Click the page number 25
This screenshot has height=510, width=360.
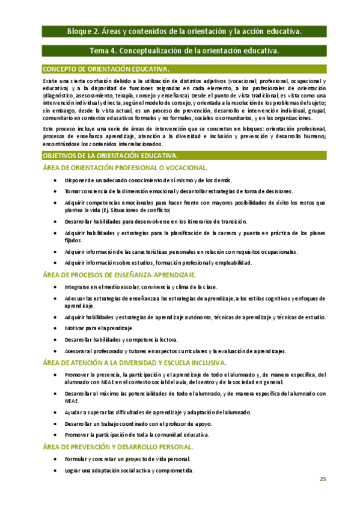click(323, 479)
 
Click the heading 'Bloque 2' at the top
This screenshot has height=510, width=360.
click(184, 31)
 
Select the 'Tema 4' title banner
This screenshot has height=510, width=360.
click(184, 51)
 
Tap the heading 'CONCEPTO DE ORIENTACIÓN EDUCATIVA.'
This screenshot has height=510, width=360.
click(106, 69)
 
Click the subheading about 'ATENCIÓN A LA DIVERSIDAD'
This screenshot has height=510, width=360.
click(135, 363)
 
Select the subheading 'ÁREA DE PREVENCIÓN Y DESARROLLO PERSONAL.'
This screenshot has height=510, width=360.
click(118, 447)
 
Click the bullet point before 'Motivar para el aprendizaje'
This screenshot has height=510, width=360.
click(56, 328)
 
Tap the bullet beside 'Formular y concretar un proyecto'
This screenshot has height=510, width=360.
click(56, 459)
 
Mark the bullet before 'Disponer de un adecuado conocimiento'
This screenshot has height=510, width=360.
click(56, 180)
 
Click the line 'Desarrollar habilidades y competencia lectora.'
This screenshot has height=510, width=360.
click(127, 340)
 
